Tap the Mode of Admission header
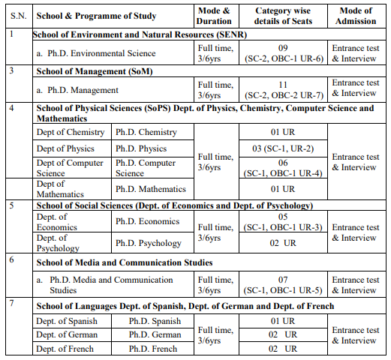355,16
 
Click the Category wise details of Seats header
284,16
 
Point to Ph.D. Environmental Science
101,53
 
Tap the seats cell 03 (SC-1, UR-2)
284,148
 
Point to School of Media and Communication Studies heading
125,262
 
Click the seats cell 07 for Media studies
284,285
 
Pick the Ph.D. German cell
155,334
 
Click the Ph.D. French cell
154,349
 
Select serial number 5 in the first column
11,205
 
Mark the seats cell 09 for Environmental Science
284,48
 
